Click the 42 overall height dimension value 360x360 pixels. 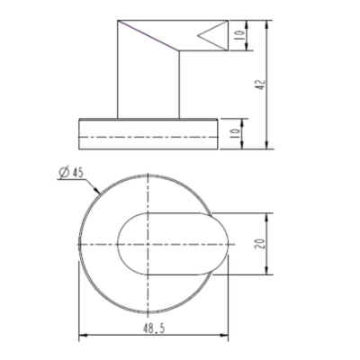click(260, 85)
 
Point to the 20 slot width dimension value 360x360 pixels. click(260, 244)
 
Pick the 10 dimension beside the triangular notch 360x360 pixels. click(238, 39)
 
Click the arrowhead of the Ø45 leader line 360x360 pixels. click(96, 191)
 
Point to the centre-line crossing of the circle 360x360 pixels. click(148, 245)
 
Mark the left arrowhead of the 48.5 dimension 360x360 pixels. click(84, 338)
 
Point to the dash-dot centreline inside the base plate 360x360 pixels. click(148, 135)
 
